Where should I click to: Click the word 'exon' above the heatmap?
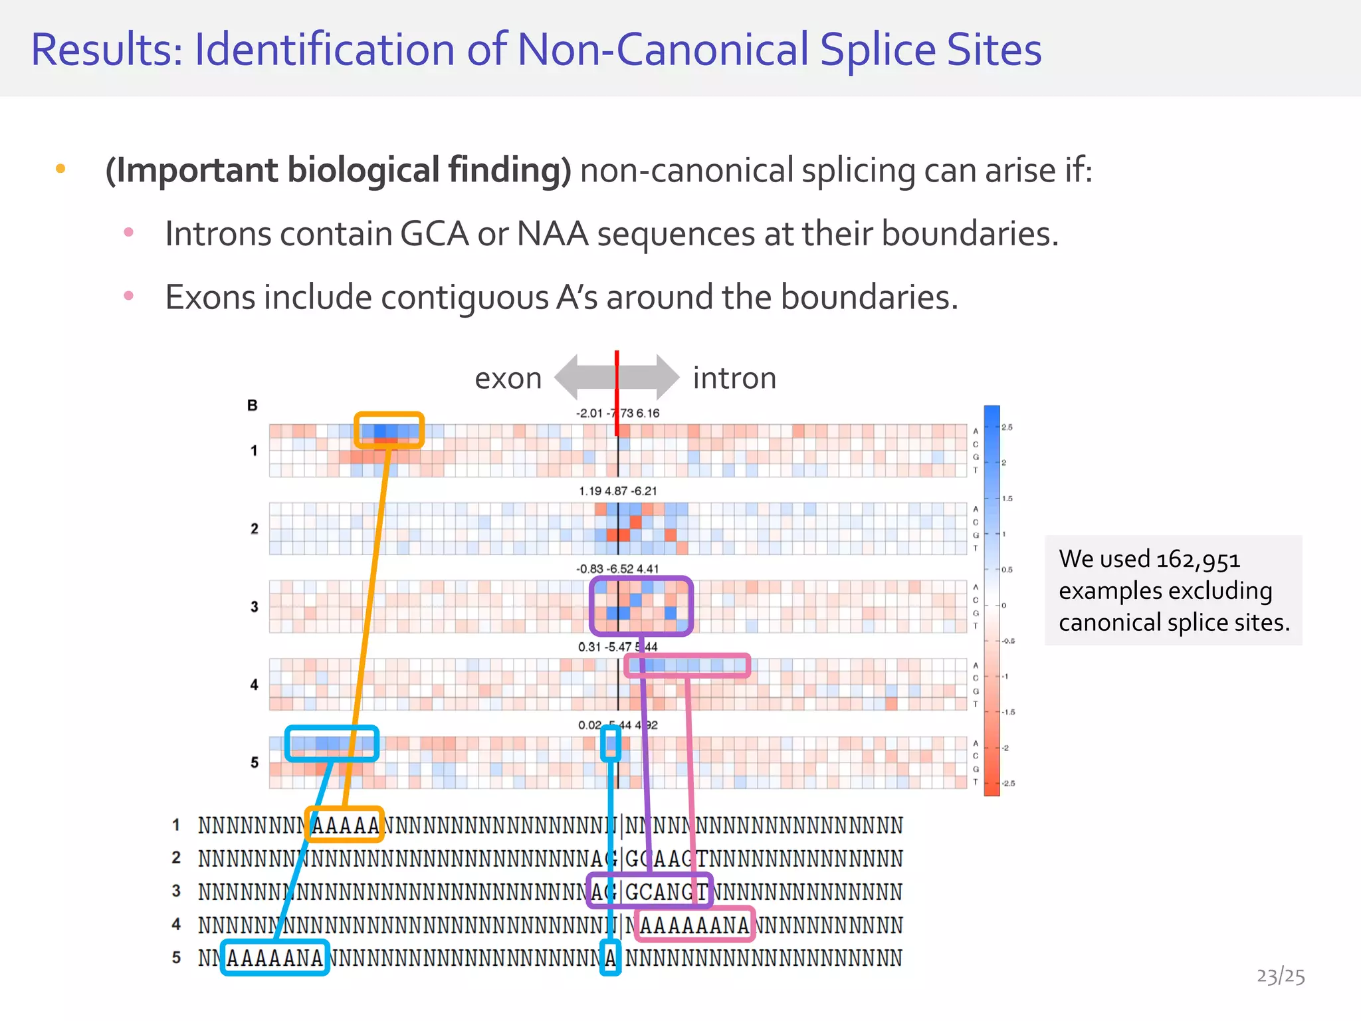click(x=508, y=378)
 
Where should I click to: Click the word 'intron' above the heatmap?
click(x=734, y=378)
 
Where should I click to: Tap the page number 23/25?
click(x=1280, y=976)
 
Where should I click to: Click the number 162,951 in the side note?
click(x=1198, y=559)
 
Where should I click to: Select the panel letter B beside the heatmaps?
click(x=253, y=405)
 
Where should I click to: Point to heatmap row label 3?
click(x=255, y=606)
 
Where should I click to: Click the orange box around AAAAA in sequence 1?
click(x=344, y=824)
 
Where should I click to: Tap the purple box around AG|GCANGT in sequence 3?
click(x=649, y=891)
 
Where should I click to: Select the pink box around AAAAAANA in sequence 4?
click(x=694, y=924)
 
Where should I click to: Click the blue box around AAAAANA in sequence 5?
click(x=274, y=957)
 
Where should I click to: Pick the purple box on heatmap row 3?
click(x=641, y=606)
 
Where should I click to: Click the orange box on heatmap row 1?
click(x=389, y=429)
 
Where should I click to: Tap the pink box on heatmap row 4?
click(x=687, y=665)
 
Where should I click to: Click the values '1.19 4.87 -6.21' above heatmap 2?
click(x=617, y=491)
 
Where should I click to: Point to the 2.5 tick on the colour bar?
click(x=1007, y=427)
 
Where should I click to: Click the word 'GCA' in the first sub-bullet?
click(x=434, y=234)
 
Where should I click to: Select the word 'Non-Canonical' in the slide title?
click(x=663, y=50)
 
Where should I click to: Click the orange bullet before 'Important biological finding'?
click(x=60, y=169)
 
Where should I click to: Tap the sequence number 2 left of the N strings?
click(x=176, y=857)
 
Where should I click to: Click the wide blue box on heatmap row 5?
click(x=332, y=743)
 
